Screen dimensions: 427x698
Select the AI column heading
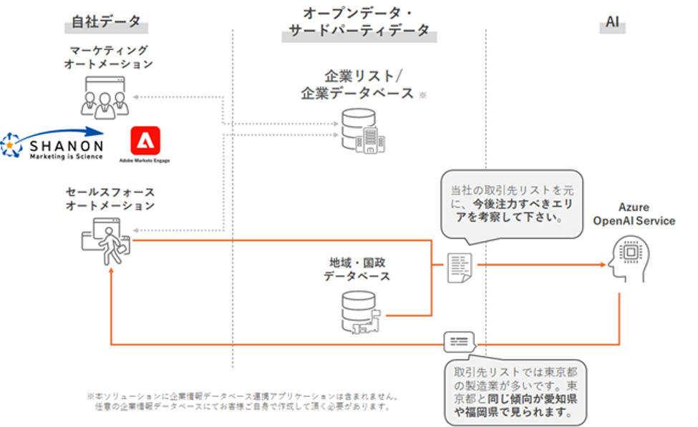click(612, 22)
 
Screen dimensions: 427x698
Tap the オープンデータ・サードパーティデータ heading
click(359, 22)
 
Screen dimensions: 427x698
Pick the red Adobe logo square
click(145, 140)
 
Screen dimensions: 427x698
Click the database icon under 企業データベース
click(361, 130)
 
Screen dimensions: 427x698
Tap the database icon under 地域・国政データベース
click(360, 311)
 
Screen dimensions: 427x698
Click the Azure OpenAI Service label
click(634, 214)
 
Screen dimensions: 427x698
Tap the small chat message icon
click(459, 342)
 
